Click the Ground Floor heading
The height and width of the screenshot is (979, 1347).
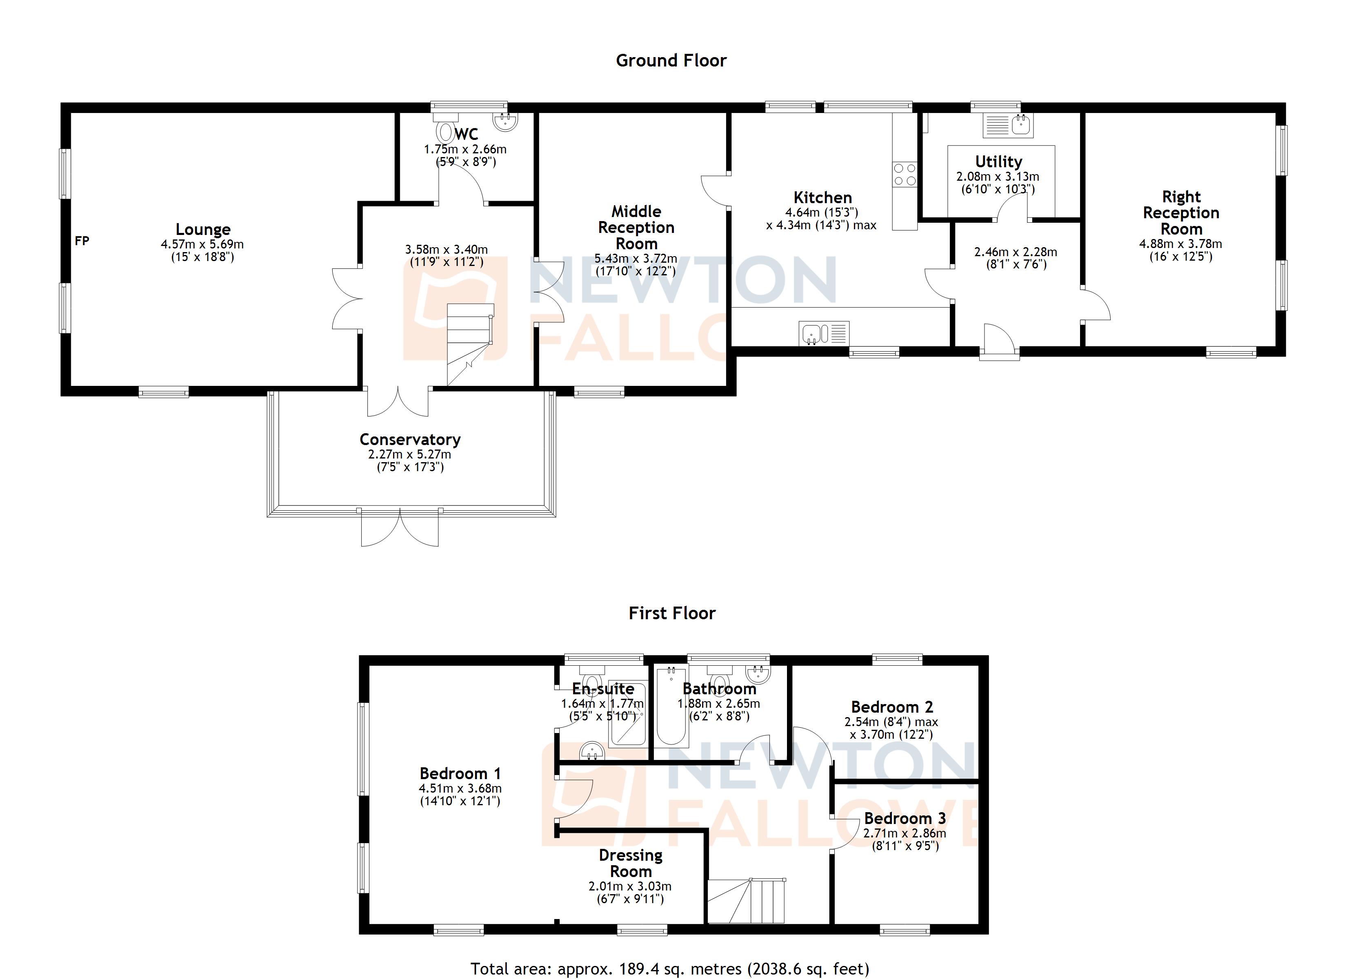(x=671, y=60)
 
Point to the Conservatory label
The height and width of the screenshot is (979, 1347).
(x=410, y=439)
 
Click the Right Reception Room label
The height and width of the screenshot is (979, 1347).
(x=1181, y=213)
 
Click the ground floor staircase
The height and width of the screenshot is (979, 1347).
(x=469, y=343)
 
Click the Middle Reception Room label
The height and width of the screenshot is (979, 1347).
(x=636, y=227)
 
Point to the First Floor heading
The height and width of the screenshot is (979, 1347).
(x=672, y=613)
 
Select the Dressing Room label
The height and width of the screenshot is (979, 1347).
(x=630, y=863)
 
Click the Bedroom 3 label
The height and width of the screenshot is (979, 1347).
(x=905, y=819)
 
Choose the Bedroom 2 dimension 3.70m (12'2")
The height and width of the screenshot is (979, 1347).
(x=891, y=734)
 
